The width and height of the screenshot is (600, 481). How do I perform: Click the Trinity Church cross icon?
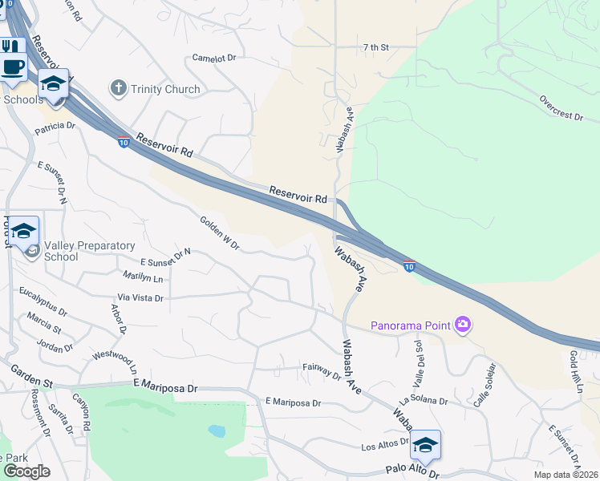tap(119, 88)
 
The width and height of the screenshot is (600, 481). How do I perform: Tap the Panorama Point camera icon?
tap(463, 325)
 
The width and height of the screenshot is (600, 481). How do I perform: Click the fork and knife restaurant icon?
tap(10, 46)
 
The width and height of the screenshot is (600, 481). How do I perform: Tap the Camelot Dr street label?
tap(214, 59)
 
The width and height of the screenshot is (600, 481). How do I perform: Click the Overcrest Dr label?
tap(561, 111)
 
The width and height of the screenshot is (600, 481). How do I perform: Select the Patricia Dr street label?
tap(55, 126)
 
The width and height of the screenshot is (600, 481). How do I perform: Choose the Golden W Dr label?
tap(219, 232)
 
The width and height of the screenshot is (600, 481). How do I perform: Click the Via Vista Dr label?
tap(140, 297)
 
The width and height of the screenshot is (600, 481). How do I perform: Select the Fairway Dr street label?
tap(323, 368)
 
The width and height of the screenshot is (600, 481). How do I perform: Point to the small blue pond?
tap(217, 430)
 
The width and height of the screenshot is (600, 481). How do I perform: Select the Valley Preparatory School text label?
tap(61, 251)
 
